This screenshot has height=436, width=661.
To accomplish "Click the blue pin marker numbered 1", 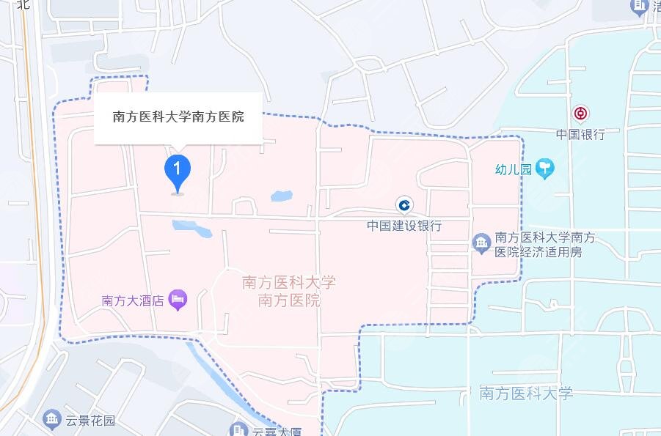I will [177, 171].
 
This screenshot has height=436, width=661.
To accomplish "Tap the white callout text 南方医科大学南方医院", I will [178, 117].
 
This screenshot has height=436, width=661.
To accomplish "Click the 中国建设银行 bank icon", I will [403, 204].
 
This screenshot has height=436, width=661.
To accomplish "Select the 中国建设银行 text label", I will [404, 226].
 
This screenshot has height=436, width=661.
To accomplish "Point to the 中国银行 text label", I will [580, 135].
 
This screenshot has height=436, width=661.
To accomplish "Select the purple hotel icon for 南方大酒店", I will [178, 299].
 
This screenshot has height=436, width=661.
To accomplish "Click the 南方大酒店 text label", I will [132, 300].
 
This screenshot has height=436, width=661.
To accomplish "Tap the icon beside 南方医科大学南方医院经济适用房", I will [481, 243].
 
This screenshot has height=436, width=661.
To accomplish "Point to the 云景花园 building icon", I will [51, 419].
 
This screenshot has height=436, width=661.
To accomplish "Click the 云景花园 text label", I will [90, 421].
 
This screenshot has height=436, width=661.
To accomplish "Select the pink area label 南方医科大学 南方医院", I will [288, 291].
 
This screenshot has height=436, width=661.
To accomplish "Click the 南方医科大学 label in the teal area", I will [525, 393].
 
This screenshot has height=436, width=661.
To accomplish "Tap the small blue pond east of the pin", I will [281, 196].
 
